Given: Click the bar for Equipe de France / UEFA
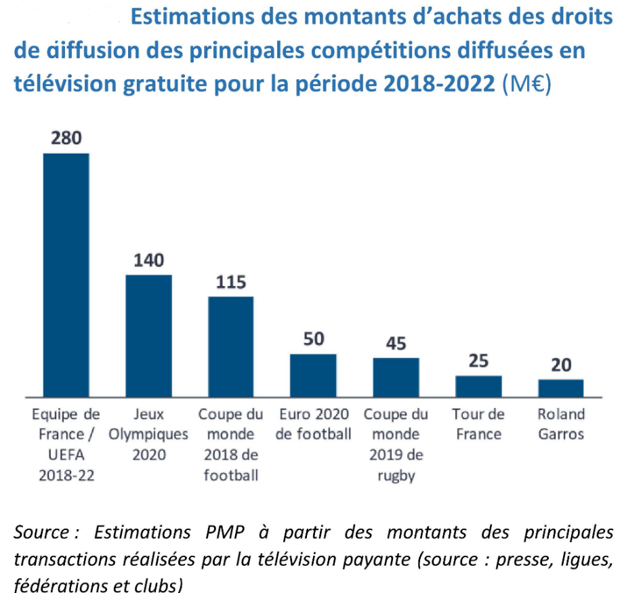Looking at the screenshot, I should (x=66, y=274).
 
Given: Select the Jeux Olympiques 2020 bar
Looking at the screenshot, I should (x=148, y=335).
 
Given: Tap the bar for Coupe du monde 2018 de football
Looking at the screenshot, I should (x=230, y=346).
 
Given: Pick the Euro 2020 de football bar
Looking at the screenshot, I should (x=313, y=375).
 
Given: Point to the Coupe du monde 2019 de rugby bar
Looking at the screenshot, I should (x=396, y=377).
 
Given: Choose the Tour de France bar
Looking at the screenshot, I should (x=478, y=386).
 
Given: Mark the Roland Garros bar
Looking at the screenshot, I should (x=561, y=388).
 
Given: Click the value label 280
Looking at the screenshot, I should (x=66, y=138).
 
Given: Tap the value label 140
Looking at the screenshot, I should (x=148, y=260).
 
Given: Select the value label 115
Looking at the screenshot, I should (x=230, y=282).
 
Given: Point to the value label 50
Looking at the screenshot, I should (x=313, y=339).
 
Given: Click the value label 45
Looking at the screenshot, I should (x=396, y=343).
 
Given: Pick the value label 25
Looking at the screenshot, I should (x=478, y=361).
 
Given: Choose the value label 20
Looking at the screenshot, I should (x=561, y=365).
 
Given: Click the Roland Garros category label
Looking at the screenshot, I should (x=561, y=424).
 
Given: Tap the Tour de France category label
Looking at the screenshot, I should (x=478, y=424).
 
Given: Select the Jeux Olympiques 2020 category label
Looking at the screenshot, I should (x=148, y=434).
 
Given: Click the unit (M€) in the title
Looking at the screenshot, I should (x=526, y=85).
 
